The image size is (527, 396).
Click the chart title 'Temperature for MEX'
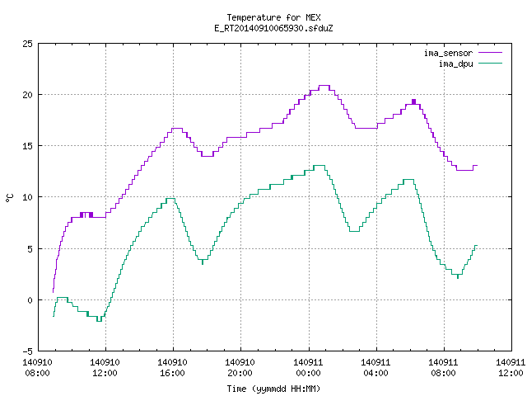coord(273,17)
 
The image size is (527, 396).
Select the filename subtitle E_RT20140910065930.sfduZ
coord(273,28)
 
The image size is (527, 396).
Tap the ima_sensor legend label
coord(448,53)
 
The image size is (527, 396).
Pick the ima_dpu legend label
coord(455,64)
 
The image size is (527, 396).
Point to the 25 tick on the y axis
coord(27,44)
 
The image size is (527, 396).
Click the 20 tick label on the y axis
coord(27,95)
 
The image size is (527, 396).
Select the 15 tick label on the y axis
coord(27,146)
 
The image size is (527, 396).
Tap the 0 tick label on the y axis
coord(30,300)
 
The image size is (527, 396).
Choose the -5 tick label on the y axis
coord(27,351)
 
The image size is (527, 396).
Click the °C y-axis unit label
coord(10,198)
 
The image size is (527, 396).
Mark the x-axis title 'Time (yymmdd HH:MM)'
coord(273,389)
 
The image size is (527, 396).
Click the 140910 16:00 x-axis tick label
coord(172,368)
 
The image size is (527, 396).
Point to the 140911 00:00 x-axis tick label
coord(308,368)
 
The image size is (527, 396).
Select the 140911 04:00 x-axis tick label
coord(375,368)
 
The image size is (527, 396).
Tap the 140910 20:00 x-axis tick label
coord(240,368)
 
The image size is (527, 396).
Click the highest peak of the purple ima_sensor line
coord(324,86)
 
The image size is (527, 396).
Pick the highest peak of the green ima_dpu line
coord(319,165)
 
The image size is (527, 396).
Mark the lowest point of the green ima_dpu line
coord(99,321)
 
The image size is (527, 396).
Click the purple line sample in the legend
coord(490,53)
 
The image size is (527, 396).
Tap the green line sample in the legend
coord(490,63)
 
